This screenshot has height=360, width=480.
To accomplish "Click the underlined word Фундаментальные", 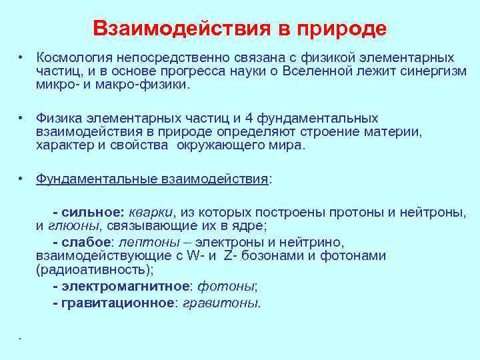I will (x=97, y=179).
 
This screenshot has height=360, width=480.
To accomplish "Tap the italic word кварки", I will (x=149, y=212).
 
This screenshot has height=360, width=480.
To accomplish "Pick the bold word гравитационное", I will (x=118, y=303).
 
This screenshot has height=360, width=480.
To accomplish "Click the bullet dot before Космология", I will (x=22, y=58).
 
